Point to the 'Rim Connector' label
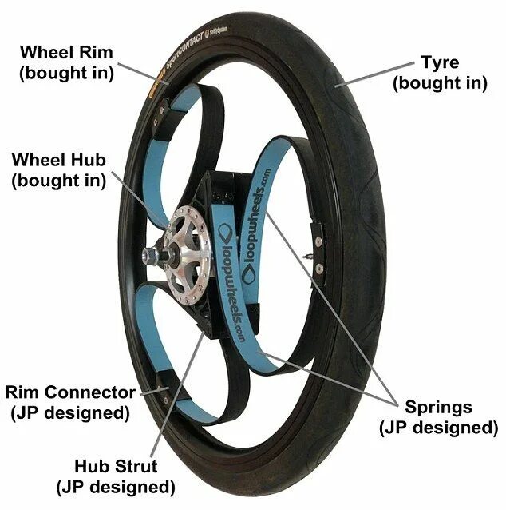[70, 392]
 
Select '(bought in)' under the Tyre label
[438, 83]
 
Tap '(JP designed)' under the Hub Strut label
[114, 485]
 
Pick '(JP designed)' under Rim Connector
[70, 412]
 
